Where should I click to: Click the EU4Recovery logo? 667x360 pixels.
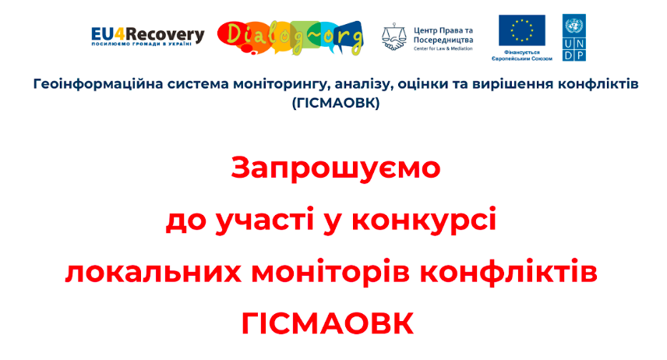[147, 37]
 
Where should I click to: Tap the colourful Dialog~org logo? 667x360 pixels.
[291, 38]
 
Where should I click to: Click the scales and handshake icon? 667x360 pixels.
[394, 37]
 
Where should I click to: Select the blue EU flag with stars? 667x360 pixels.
[522, 30]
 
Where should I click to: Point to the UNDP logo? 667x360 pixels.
[573, 37]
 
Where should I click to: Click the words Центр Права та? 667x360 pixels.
[443, 30]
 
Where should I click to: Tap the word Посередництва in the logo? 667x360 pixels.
[443, 41]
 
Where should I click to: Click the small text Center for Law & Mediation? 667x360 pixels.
[443, 48]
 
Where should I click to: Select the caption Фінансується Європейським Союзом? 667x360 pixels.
[522, 55]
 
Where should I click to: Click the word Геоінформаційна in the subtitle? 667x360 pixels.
[98, 84]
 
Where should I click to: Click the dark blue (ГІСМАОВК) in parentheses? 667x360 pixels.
[336, 103]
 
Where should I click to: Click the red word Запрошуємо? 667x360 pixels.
[336, 168]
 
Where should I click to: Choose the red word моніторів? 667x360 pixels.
[330, 274]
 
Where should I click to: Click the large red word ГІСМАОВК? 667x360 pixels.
[327, 324]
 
